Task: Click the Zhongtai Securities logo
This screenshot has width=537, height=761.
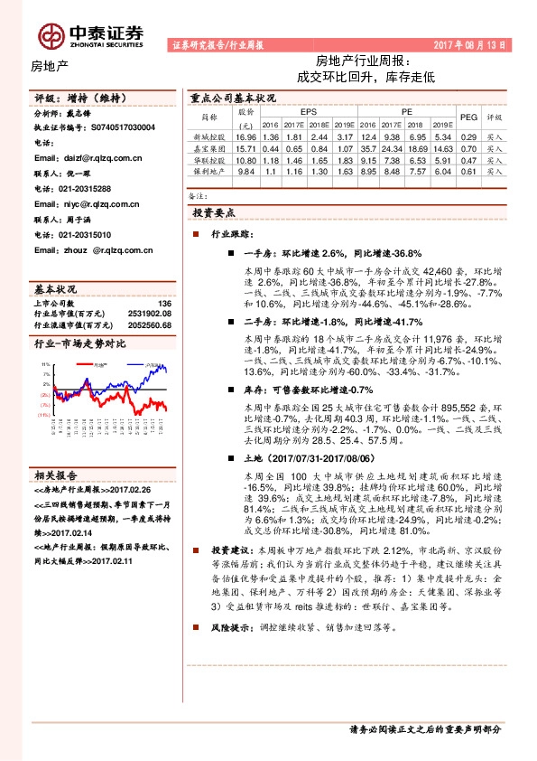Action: [90, 34]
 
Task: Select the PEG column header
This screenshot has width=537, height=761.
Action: [468, 117]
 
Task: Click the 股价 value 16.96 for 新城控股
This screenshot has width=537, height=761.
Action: [245, 136]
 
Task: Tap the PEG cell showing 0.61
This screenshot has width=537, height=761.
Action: [468, 170]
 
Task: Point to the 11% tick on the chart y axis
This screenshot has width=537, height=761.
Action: [44, 364]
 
